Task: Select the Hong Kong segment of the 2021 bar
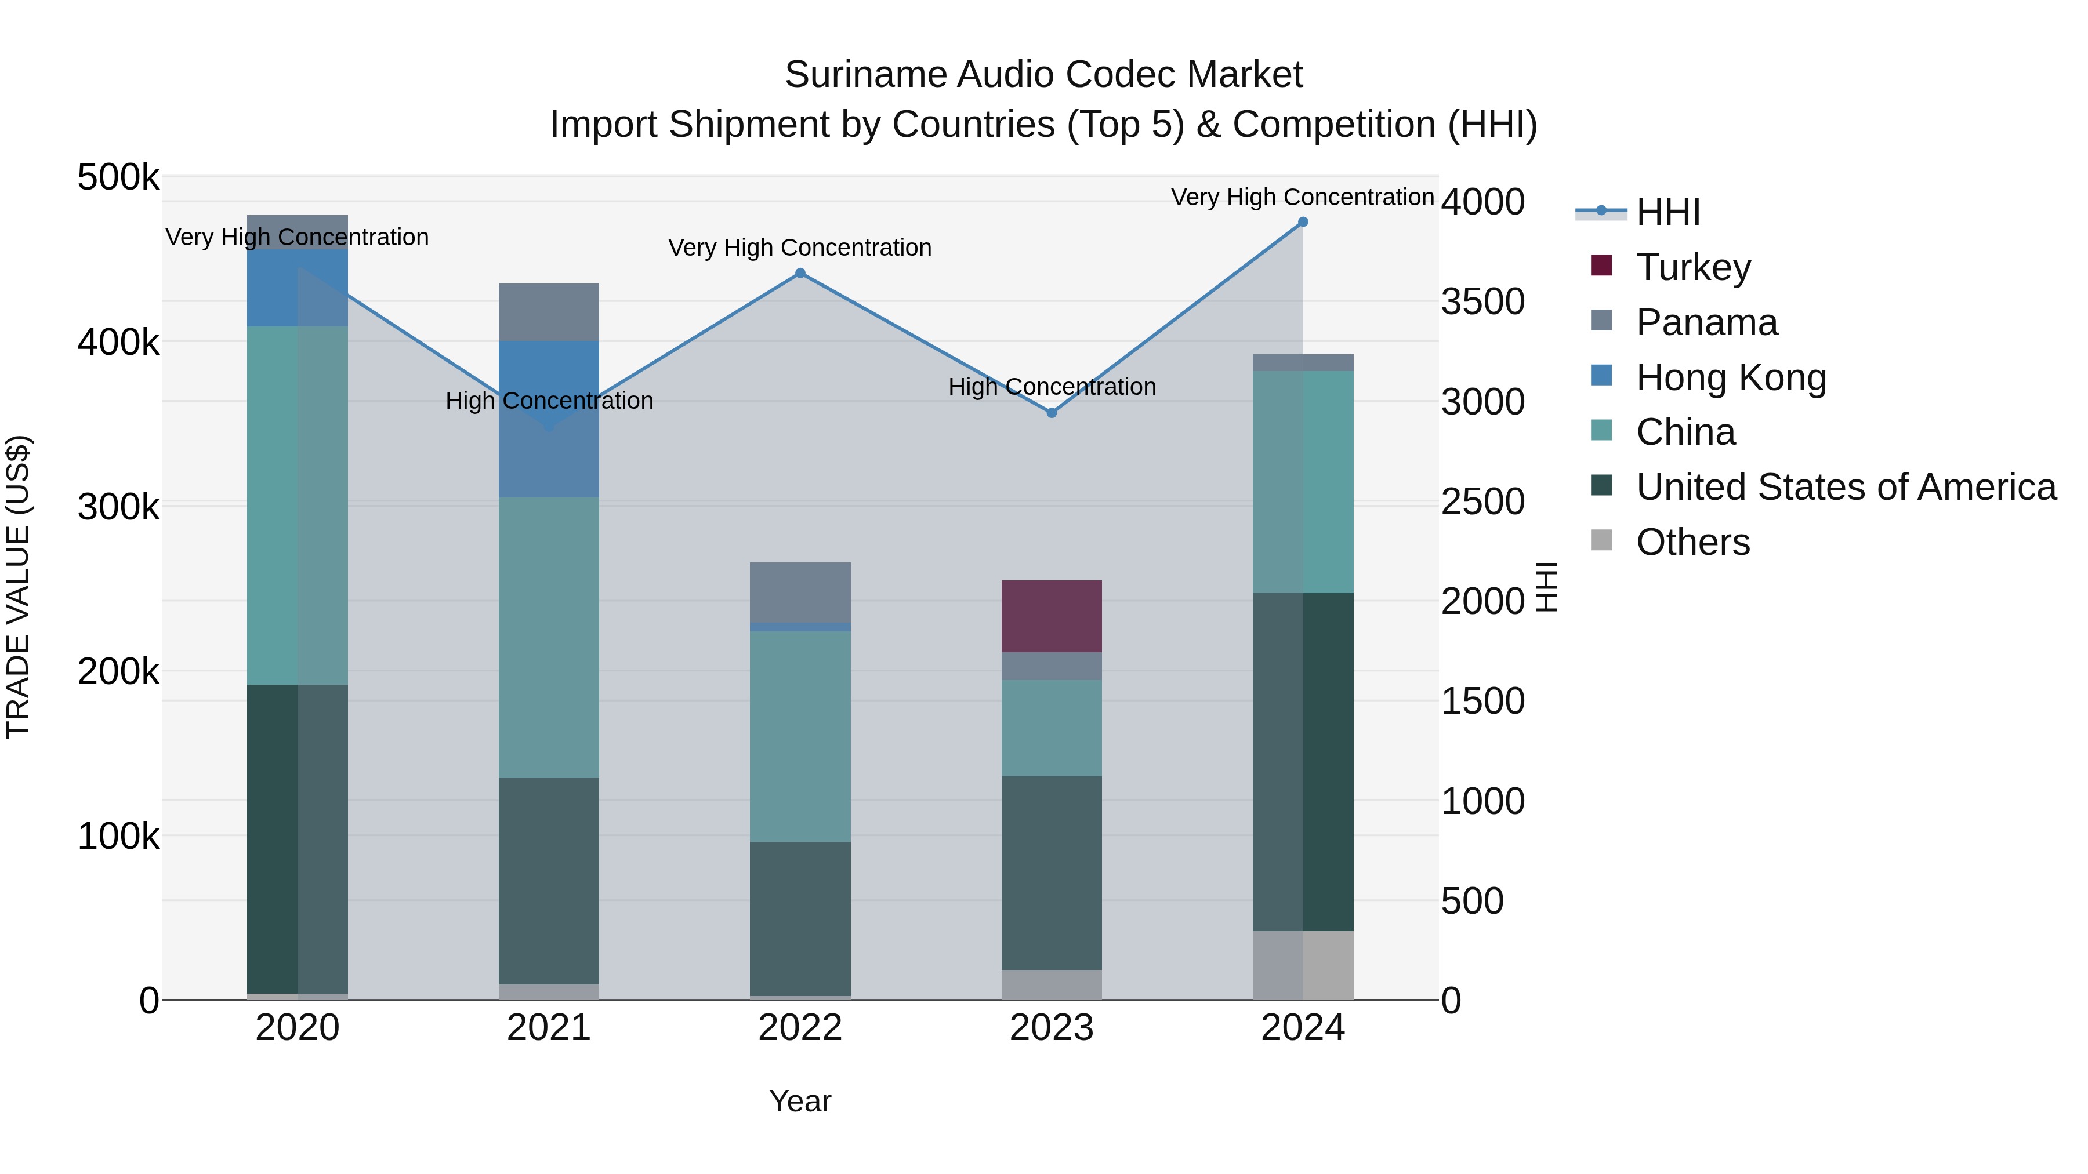point(549,419)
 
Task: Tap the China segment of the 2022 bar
point(800,736)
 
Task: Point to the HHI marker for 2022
point(800,273)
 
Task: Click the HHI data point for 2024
point(1303,222)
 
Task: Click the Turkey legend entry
point(1692,267)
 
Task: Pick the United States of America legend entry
point(1845,487)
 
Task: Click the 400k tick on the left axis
point(118,343)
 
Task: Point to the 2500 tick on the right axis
point(1482,501)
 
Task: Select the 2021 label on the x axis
point(549,1028)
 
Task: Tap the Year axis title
point(800,1101)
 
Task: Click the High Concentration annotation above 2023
point(1052,387)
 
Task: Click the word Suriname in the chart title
point(866,75)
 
